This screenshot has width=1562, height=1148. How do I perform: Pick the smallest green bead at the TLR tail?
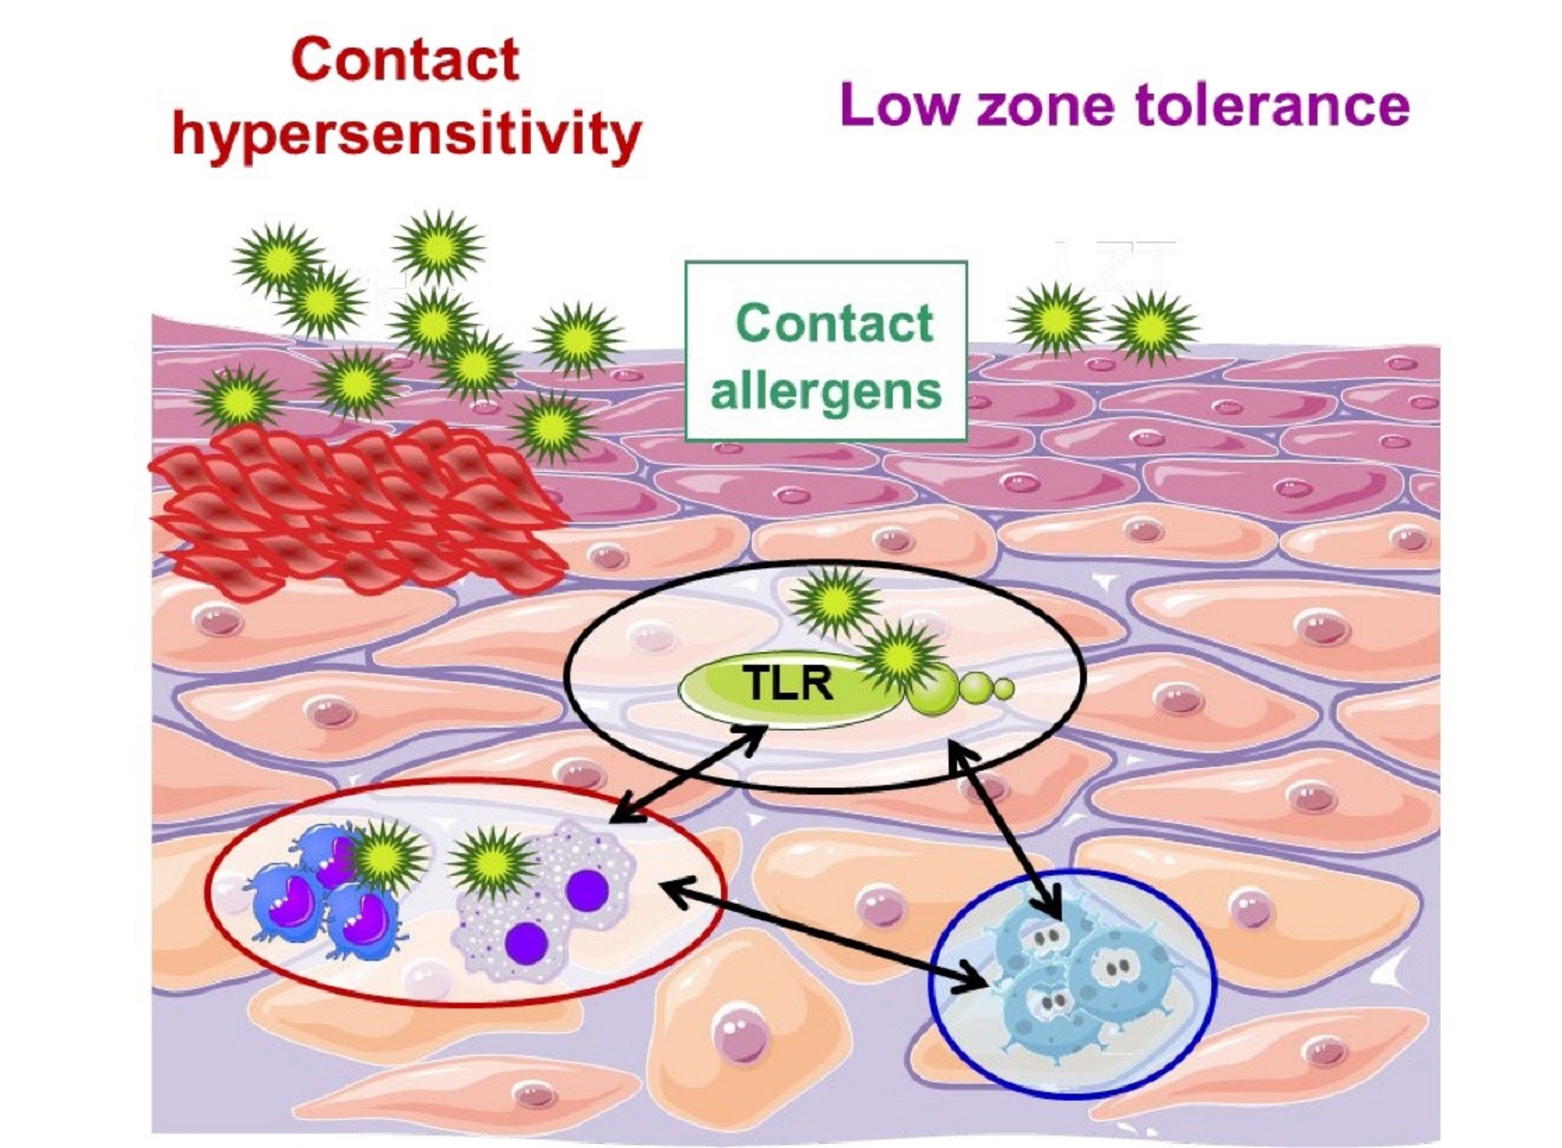click(1004, 689)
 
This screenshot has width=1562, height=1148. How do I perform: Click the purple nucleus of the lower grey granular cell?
click(527, 941)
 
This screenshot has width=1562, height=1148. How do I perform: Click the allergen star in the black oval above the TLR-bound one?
click(834, 601)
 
